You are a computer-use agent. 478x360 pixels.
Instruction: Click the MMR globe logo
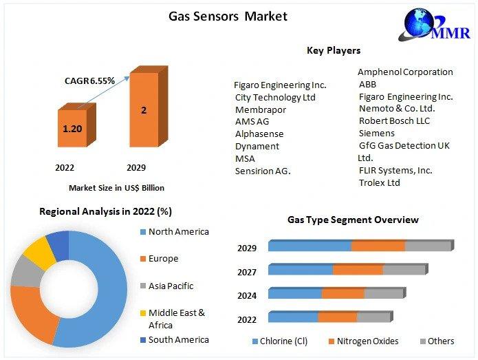434,24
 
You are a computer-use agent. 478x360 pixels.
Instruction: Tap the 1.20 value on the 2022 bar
72,129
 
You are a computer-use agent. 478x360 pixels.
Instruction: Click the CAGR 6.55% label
89,81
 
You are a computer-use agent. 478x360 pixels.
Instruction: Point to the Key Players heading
334,50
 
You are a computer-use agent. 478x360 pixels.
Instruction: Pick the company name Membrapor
261,109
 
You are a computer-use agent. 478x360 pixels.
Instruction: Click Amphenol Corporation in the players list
405,72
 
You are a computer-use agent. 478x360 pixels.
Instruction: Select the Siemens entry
377,134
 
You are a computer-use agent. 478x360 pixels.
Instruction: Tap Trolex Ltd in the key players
380,182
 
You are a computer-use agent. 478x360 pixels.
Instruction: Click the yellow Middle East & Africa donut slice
39,253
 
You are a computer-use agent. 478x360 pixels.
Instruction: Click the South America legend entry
175,340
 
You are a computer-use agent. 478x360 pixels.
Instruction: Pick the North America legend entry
175,232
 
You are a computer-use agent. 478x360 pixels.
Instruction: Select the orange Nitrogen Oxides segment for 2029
379,246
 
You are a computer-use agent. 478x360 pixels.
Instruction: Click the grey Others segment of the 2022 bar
373,317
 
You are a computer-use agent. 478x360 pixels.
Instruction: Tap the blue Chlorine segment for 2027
301,270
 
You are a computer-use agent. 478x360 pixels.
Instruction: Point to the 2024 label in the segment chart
247,295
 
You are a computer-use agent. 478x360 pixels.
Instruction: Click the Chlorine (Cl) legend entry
280,341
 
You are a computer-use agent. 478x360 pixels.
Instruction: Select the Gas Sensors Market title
228,16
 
